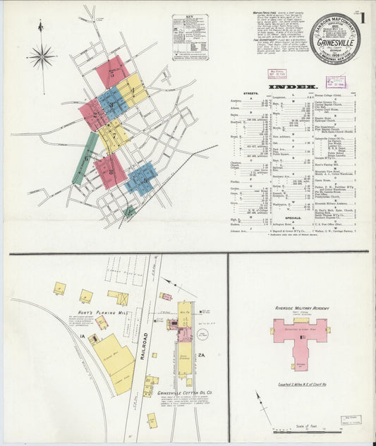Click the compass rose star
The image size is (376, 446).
pos(42,55)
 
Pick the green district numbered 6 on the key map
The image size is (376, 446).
pos(85,158)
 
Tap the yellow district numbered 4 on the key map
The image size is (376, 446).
pos(132,90)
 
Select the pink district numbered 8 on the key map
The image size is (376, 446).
pos(110,171)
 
